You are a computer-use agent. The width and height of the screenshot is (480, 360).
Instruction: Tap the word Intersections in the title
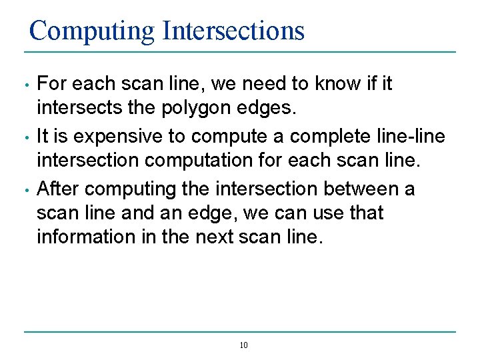(x=233, y=31)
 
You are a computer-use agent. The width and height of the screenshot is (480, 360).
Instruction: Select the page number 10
(x=243, y=345)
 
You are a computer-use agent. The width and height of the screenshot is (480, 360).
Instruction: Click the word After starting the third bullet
(x=59, y=189)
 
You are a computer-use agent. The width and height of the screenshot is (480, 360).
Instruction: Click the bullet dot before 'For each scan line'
(x=25, y=85)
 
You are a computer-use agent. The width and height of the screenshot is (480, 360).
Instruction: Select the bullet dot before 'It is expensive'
(x=25, y=137)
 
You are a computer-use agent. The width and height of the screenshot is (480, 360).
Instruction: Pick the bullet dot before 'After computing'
(x=25, y=190)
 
